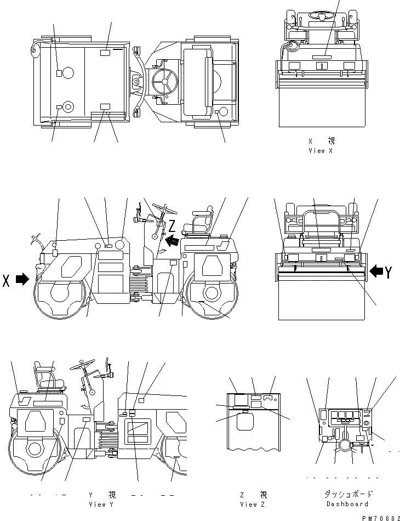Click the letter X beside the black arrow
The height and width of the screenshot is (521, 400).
coord(7,280)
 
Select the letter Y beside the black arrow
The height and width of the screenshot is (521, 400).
coord(388,271)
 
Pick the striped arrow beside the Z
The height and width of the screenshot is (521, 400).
coord(171,239)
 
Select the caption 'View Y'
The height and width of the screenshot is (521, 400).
coord(101,503)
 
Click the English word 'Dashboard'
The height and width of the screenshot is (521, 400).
coord(347,503)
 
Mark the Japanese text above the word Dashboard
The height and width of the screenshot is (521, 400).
coord(347,494)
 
